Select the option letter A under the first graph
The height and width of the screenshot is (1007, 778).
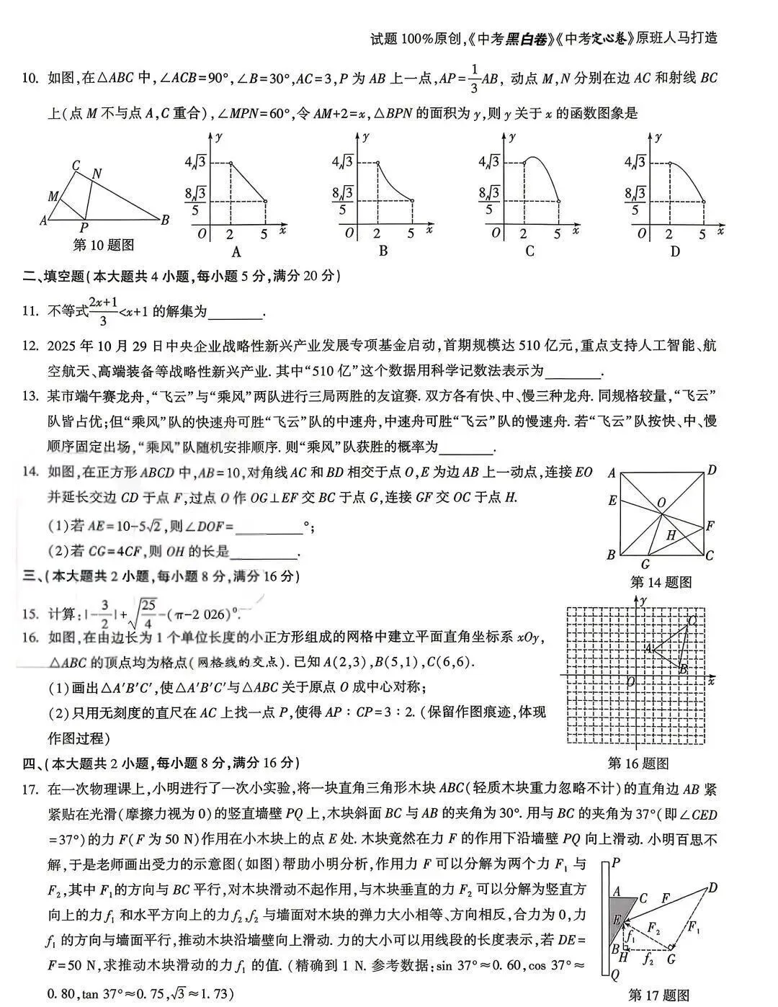[236, 251]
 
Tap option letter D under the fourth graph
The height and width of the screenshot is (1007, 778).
[675, 251]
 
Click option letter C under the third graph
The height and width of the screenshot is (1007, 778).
[529, 251]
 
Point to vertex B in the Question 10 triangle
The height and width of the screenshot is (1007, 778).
[165, 220]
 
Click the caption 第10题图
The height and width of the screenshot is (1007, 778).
[104, 245]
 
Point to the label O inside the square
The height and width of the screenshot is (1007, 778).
[661, 504]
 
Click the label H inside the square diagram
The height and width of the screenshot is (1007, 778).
[671, 534]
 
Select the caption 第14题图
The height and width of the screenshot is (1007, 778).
[661, 582]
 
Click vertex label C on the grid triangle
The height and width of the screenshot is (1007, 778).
[692, 620]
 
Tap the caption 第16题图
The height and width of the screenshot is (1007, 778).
[638, 764]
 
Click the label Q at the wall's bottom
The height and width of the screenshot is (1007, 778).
[614, 975]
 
